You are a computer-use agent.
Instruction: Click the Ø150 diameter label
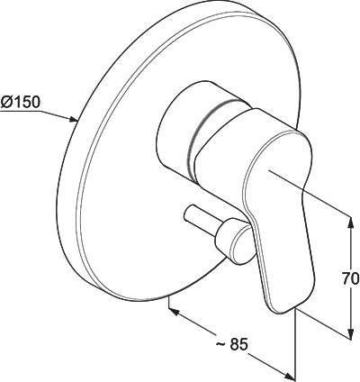click(20, 103)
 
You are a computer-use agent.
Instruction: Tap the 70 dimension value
click(350, 279)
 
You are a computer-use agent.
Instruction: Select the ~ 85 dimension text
click(231, 344)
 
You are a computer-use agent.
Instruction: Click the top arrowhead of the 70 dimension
click(350, 223)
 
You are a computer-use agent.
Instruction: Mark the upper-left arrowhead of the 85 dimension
click(175, 312)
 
